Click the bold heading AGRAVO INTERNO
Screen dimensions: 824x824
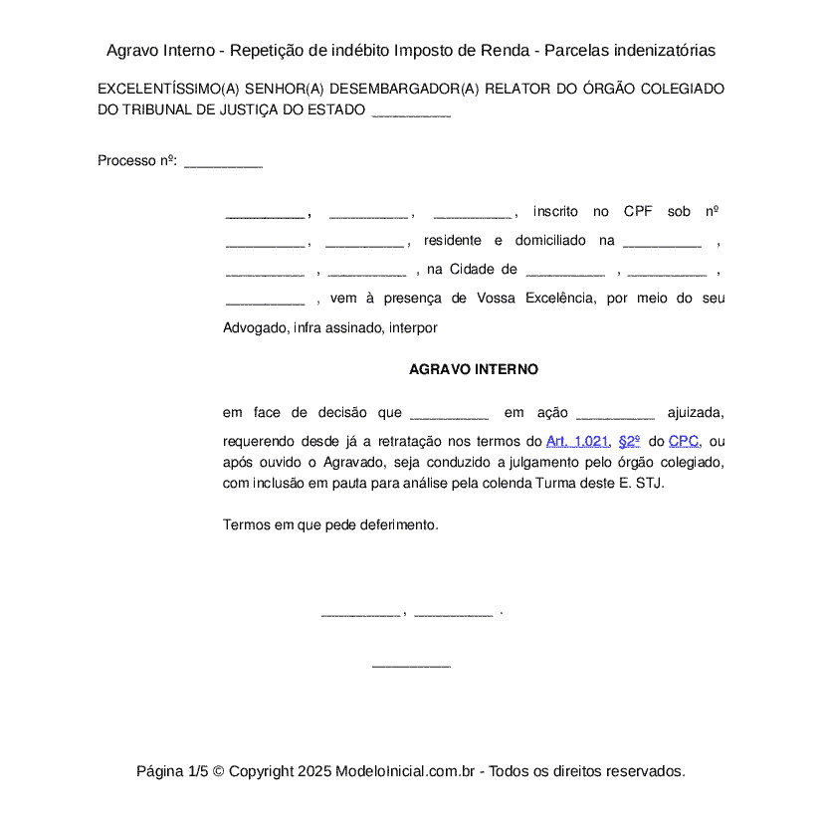tap(474, 369)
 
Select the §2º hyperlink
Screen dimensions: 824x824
tap(629, 441)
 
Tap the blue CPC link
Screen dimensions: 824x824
tap(684, 441)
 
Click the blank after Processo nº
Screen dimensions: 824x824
tap(224, 161)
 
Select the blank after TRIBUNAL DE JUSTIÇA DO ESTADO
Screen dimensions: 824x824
tap(411, 110)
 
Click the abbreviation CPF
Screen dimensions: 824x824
tap(638, 211)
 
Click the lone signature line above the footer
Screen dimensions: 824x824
tap(411, 665)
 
